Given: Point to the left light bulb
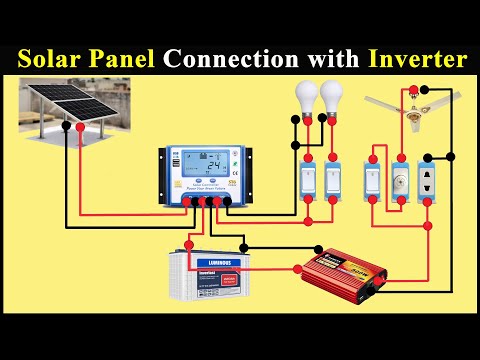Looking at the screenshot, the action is [306, 99].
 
